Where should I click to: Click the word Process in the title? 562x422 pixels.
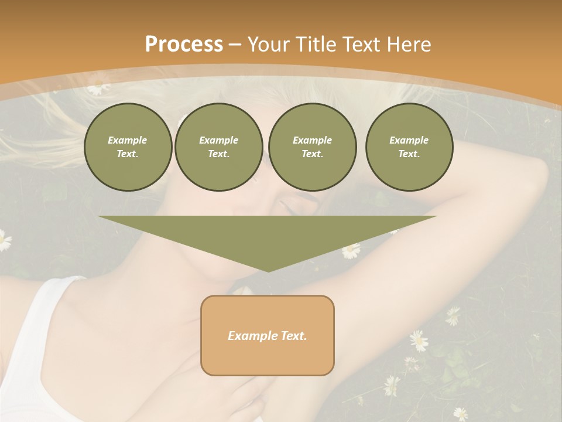(184, 45)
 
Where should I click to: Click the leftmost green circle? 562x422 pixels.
(128, 147)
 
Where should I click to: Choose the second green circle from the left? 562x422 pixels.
(218, 147)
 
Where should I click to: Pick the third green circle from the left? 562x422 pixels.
(312, 147)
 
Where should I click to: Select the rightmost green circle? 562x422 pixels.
(409, 147)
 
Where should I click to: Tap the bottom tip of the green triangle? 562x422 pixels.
(268, 271)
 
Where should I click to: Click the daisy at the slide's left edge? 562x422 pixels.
(4, 240)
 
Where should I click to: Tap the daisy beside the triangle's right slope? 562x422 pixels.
(351, 251)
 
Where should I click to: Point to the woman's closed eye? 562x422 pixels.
(289, 207)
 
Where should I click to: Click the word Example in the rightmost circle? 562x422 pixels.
(409, 140)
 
